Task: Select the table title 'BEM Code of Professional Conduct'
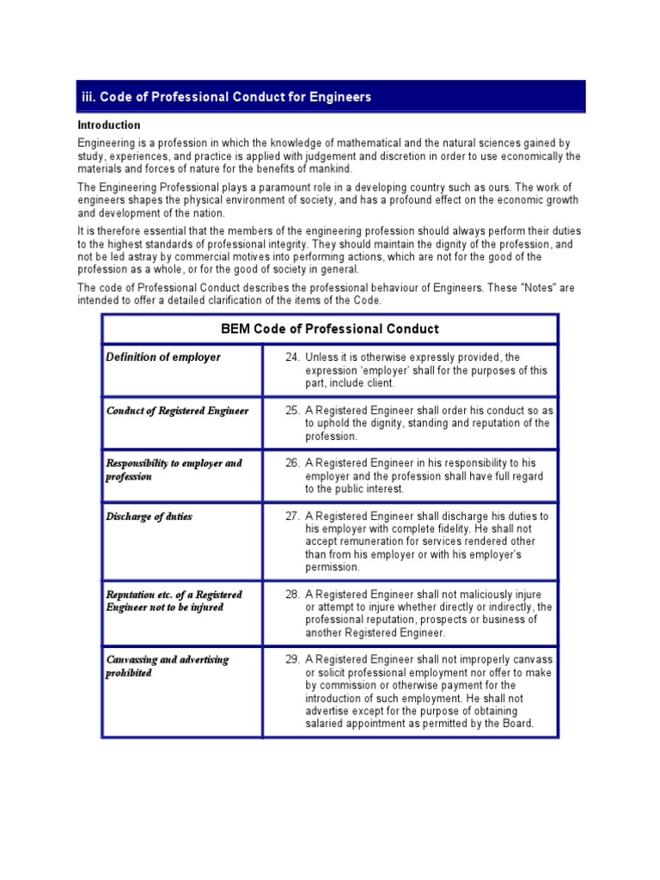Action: click(x=330, y=329)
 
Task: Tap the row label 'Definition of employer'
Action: click(x=162, y=357)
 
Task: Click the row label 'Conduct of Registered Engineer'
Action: click(x=177, y=411)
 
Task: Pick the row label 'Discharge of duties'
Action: click(x=150, y=516)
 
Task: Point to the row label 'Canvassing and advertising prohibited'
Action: click(x=167, y=666)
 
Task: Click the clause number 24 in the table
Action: click(x=291, y=357)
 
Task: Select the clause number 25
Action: click(x=291, y=411)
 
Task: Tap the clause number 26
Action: click(x=291, y=463)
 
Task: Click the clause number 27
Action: click(x=291, y=516)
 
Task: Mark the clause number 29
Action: click(x=291, y=659)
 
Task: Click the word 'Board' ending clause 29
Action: click(x=517, y=724)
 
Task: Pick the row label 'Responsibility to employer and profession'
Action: click(x=174, y=469)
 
